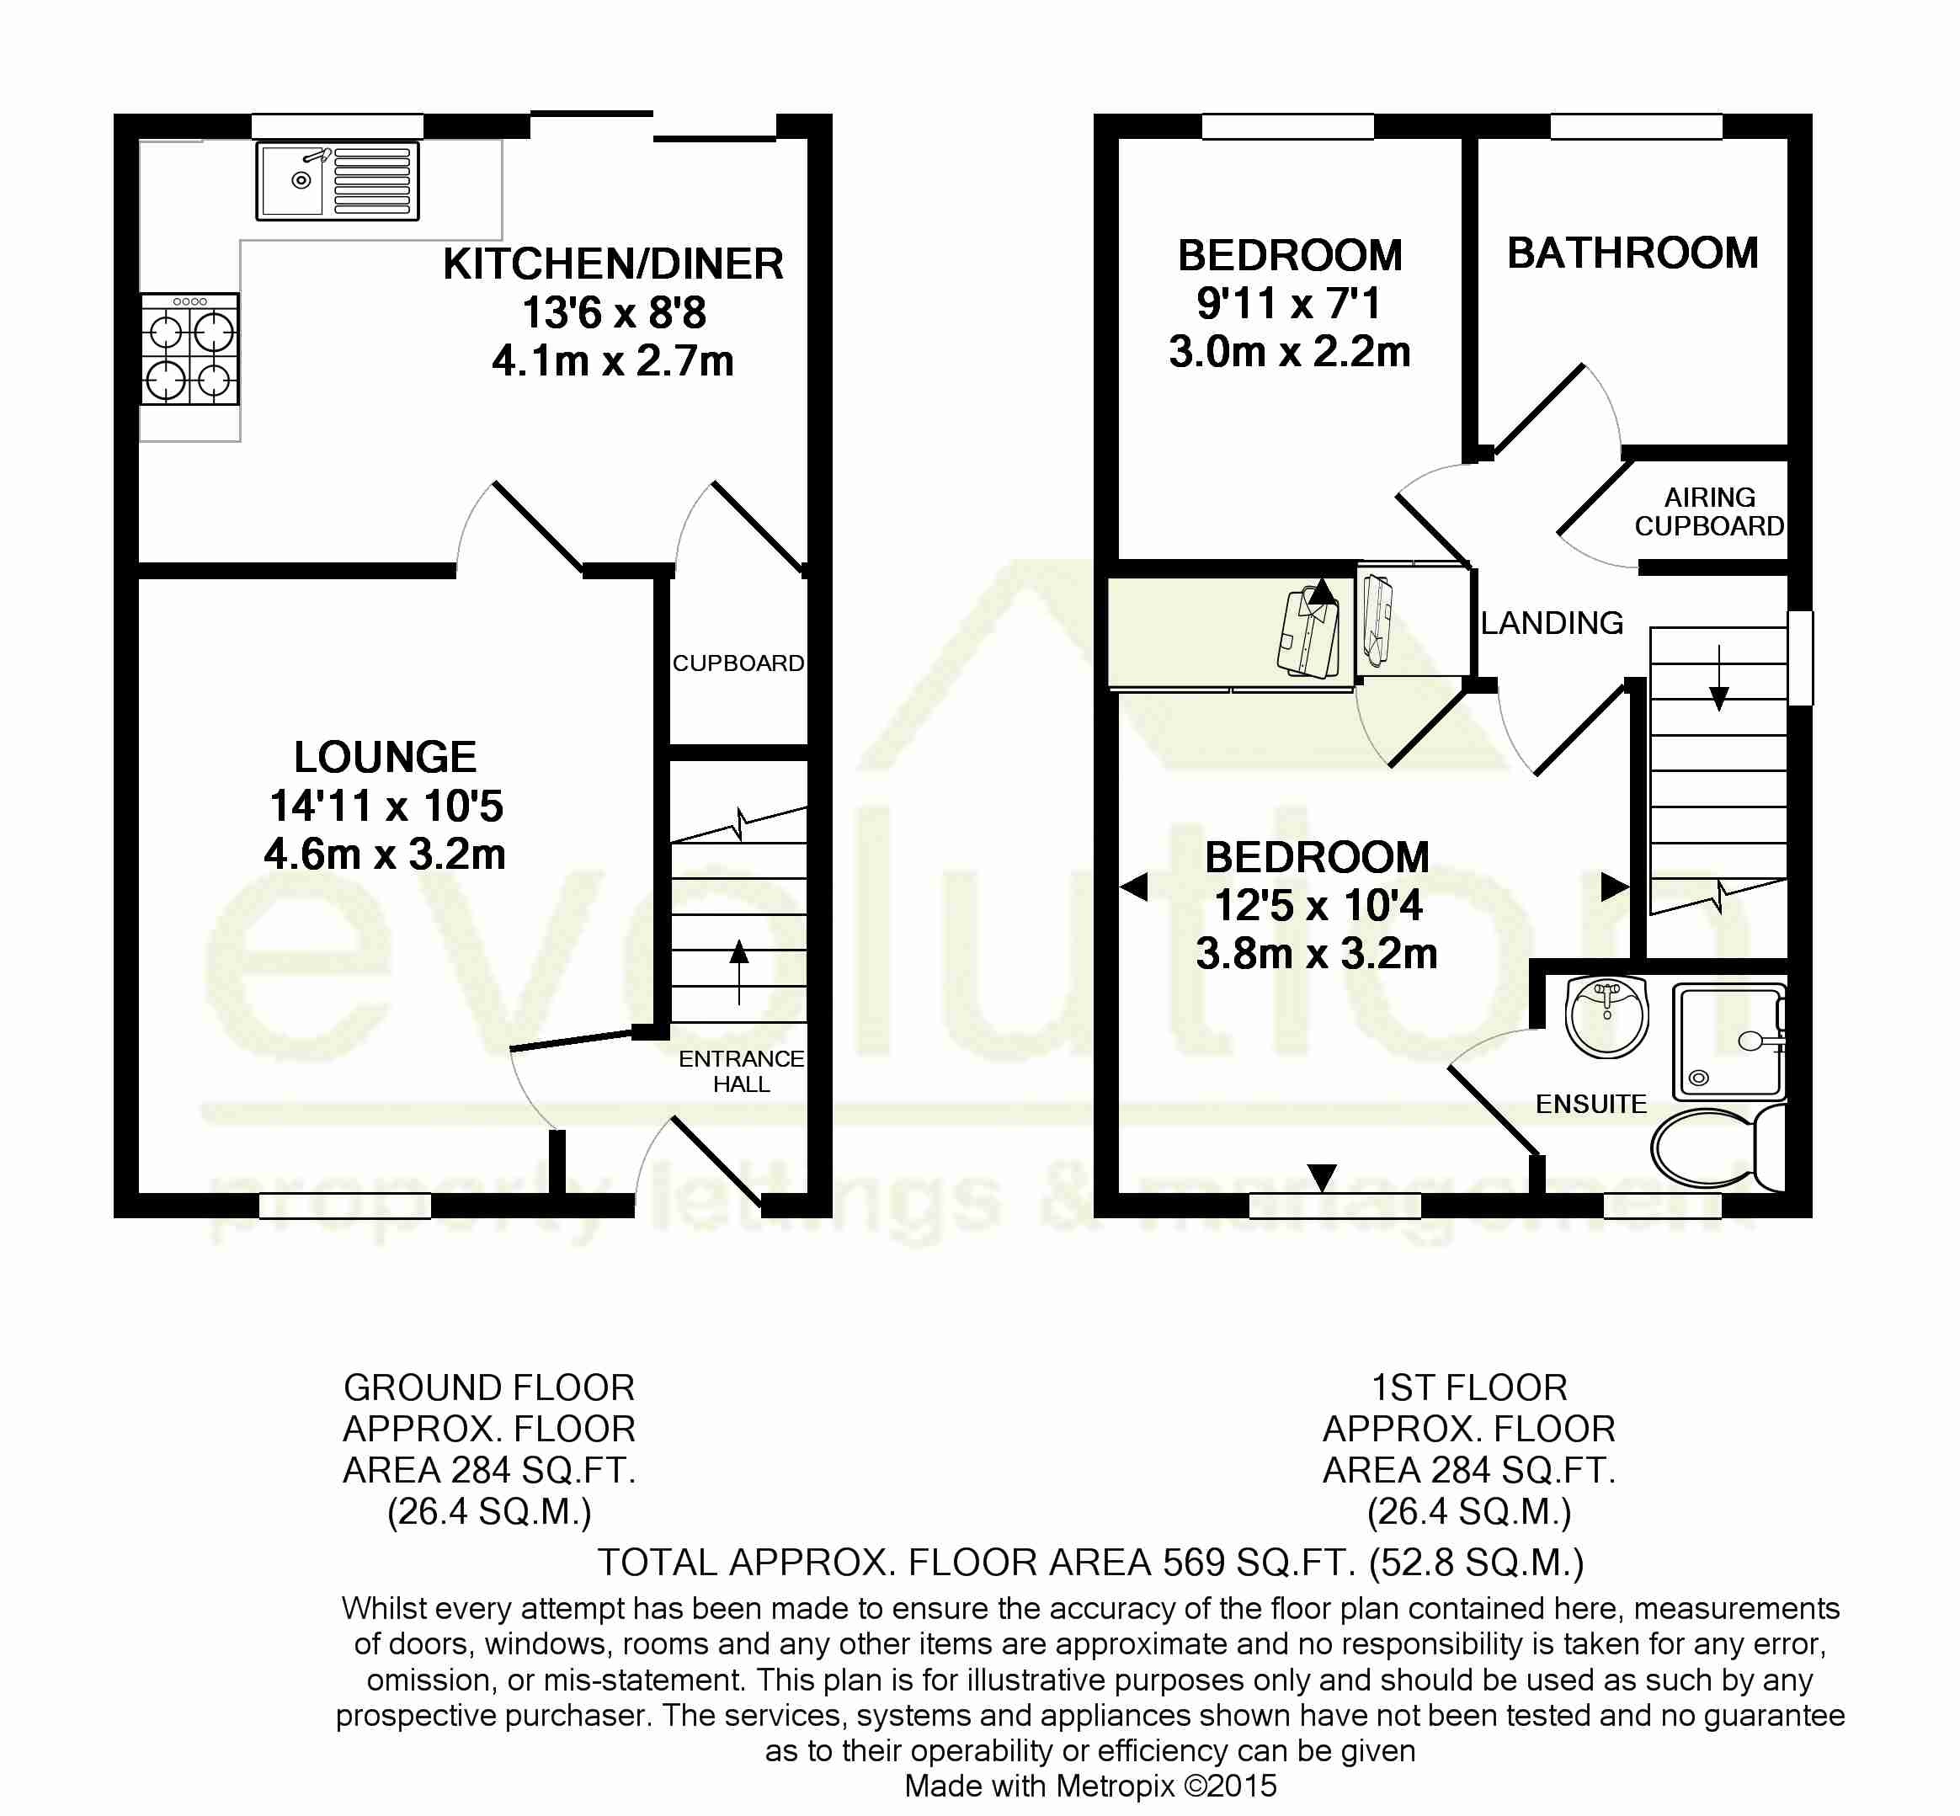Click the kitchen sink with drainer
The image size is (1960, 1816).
tap(337, 181)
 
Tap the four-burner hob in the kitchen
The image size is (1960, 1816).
tap(189, 350)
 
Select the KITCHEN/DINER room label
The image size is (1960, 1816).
tap(613, 264)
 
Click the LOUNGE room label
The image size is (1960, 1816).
tap(385, 758)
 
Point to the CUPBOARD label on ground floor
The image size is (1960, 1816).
tap(738, 663)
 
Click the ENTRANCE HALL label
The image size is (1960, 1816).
tap(741, 1071)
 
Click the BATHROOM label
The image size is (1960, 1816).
tap(1632, 253)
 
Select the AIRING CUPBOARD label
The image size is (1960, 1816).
tap(1708, 512)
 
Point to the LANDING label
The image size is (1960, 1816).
tap(1552, 623)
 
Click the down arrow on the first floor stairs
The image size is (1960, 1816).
tap(1718, 678)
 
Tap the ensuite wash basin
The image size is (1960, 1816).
tap(1607, 1016)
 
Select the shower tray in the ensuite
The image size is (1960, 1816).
tap(1729, 1041)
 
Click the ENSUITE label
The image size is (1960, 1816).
tap(1590, 1105)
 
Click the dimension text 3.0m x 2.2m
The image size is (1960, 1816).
tap(1289, 352)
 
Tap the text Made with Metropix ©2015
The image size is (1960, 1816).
tap(1089, 1786)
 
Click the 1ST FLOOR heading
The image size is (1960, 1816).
tap(1469, 1387)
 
